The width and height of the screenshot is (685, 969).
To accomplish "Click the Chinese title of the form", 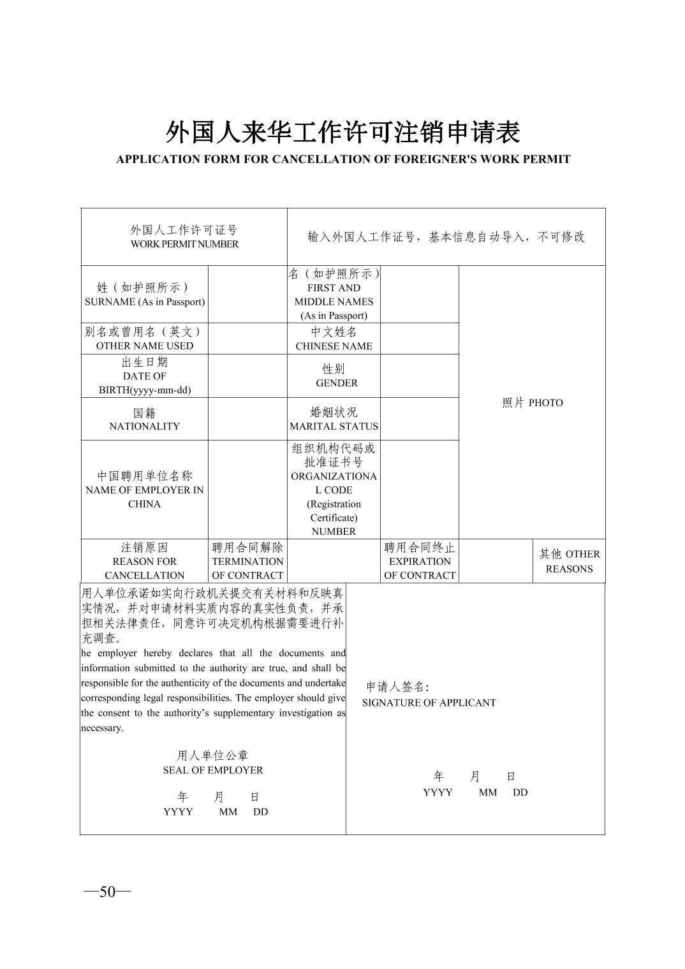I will tap(342, 133).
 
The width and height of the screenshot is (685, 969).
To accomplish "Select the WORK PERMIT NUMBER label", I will tap(184, 244).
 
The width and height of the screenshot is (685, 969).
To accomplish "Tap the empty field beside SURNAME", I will tap(247, 295).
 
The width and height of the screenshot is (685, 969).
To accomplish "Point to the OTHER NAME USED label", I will tap(144, 346).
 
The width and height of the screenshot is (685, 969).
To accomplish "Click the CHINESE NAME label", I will tap(334, 346).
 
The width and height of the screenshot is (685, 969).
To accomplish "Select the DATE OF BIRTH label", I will tap(144, 376).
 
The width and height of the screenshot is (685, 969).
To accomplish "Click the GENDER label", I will tap(336, 383).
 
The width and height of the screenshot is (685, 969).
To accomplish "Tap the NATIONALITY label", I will tap(144, 426).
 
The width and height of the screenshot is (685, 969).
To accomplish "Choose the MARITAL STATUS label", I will tap(334, 426).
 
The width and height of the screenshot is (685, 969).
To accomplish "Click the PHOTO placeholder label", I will tap(533, 403).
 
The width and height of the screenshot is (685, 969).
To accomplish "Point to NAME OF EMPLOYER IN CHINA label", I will tap(144, 490).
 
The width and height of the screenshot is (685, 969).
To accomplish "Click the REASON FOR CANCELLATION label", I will tap(144, 562).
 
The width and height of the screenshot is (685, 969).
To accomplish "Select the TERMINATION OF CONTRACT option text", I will tap(247, 562).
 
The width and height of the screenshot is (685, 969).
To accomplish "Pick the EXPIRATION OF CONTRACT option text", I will tap(420, 562).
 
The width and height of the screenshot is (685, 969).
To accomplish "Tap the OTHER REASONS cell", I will tap(569, 561).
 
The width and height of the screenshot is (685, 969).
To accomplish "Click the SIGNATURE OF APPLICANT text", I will tap(429, 703).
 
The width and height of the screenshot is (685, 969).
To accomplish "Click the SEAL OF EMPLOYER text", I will tap(212, 770).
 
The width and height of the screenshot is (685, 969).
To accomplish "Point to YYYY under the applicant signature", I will tap(438, 792).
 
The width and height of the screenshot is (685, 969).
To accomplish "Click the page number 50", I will tap(107, 891).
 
